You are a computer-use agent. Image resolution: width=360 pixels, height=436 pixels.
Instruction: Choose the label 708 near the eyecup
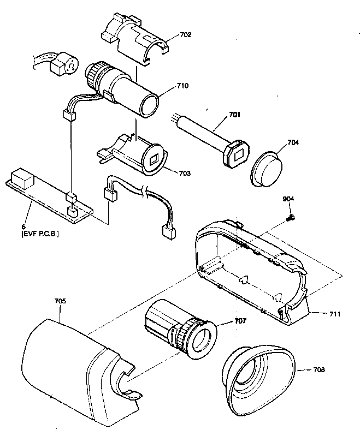(x=319, y=369)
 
